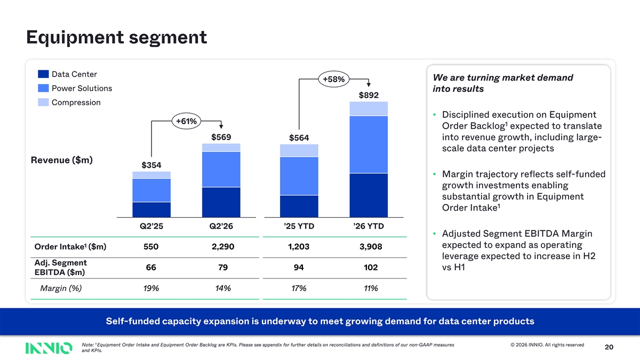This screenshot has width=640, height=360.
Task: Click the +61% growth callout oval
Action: (186, 121)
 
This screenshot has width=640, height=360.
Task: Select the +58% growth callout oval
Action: (334, 79)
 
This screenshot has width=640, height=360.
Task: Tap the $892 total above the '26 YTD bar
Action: (369, 95)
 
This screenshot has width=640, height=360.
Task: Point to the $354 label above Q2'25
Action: (151, 165)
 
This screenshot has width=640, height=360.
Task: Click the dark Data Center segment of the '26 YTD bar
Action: (369, 195)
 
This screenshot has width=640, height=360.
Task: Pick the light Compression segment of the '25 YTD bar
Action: (299, 150)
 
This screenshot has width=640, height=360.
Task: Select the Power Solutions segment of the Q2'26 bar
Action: (221, 170)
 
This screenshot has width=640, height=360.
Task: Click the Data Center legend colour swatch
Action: (43, 74)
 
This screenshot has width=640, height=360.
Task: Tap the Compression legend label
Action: (76, 102)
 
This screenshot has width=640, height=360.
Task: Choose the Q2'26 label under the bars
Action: (221, 226)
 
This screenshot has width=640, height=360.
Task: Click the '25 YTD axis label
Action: (299, 226)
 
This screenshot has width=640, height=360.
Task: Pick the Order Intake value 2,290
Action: (223, 246)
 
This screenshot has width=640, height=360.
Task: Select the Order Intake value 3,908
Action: (371, 246)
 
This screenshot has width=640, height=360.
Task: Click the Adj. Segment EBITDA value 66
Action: (151, 267)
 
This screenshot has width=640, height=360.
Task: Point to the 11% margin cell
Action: (371, 289)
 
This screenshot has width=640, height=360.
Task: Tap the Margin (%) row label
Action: (61, 289)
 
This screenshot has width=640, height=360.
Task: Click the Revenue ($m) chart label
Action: (62, 160)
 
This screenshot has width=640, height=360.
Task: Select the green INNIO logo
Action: (49, 348)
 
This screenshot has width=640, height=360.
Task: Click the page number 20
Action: (609, 347)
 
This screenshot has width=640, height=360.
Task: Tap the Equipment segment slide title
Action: (117, 37)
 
